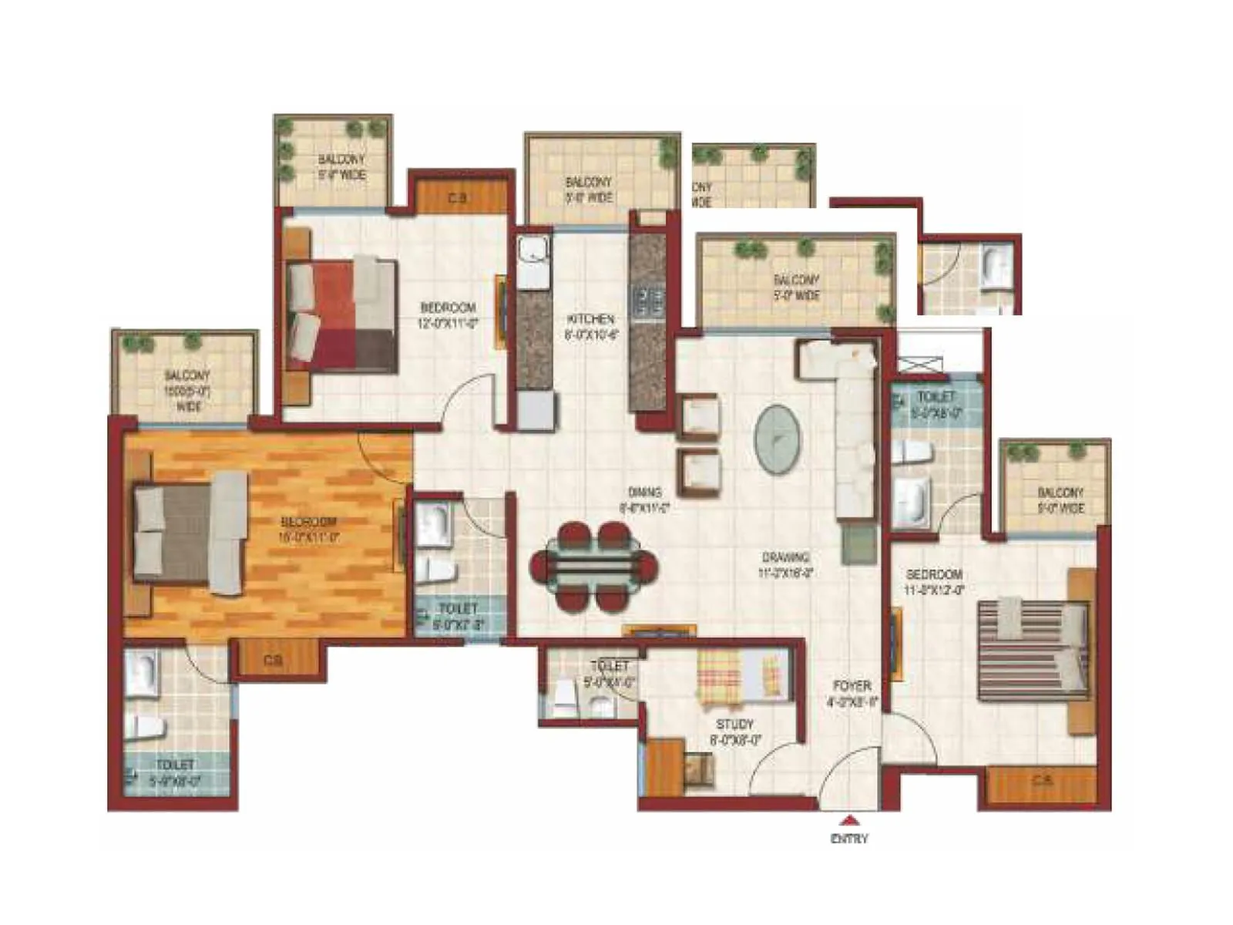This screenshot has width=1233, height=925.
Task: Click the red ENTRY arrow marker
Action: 849,820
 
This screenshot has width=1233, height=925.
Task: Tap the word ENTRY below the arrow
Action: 849,839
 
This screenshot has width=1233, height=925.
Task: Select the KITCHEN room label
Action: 591,319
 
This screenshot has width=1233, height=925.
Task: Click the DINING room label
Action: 644,493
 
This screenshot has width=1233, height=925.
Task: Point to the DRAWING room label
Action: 785,557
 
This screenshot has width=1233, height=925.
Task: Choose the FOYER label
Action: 852,685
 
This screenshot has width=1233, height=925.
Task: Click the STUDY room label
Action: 734,725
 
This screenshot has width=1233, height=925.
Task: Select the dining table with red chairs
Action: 594,568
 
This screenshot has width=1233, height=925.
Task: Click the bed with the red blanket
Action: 341,316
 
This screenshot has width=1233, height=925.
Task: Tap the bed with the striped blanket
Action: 1033,652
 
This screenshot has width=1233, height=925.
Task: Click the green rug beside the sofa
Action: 858,543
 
